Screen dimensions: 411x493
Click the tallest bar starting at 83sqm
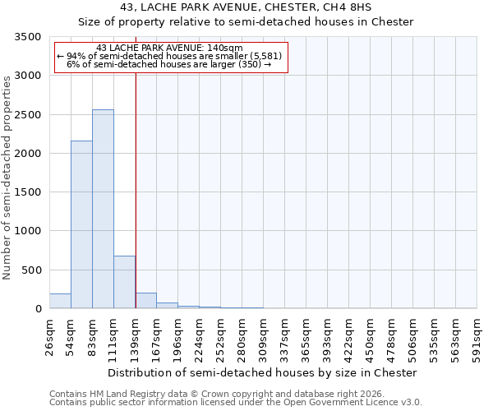click(x=103, y=209)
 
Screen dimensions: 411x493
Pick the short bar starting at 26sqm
click(x=60, y=301)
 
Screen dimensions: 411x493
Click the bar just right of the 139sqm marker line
click(x=145, y=301)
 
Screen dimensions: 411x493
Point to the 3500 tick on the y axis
click(x=30, y=38)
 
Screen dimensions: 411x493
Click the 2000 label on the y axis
click(x=30, y=154)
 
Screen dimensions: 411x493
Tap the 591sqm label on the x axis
click(x=477, y=339)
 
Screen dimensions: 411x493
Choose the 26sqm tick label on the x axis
click(x=49, y=336)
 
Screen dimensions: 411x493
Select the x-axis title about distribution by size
click(x=263, y=372)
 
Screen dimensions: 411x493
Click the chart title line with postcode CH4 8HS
click(x=246, y=7)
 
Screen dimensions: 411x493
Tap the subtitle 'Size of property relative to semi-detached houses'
click(x=246, y=22)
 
